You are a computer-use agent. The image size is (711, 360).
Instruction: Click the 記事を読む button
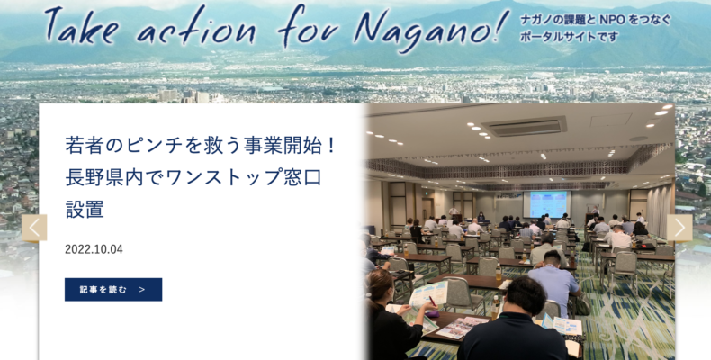tap(113, 289)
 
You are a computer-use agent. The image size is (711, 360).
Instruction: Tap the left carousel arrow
tap(34, 228)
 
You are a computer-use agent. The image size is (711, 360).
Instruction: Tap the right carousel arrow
tap(679, 228)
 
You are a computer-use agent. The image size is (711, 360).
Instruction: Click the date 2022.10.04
tap(94, 249)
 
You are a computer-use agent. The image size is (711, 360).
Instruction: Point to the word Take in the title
tap(82, 25)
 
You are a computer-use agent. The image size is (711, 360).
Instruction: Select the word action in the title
tap(196, 27)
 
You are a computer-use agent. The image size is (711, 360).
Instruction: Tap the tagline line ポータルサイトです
tap(569, 37)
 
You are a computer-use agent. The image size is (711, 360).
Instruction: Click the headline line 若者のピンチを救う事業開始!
tap(200, 146)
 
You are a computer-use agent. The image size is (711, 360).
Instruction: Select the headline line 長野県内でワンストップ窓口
tap(193, 177)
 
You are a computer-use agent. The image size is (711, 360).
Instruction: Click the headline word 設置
tap(85, 209)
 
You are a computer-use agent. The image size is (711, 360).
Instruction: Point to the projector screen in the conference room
tap(549, 204)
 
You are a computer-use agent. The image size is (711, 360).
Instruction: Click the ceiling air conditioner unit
tap(525, 126)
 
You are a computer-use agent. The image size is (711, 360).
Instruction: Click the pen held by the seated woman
tap(431, 301)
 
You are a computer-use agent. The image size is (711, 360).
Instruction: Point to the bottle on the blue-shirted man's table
tap(499, 272)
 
